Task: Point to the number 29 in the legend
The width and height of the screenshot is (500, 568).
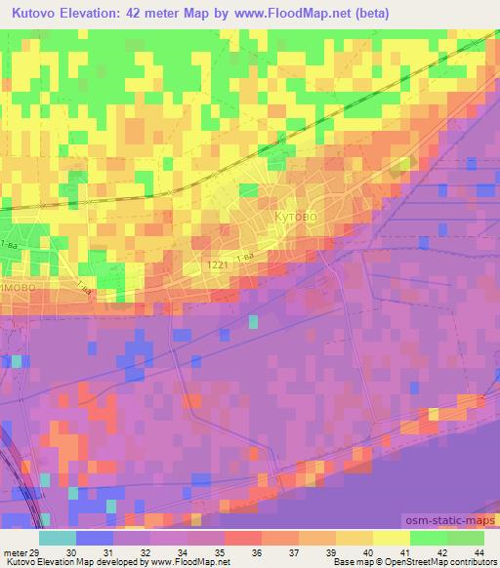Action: coord(35,552)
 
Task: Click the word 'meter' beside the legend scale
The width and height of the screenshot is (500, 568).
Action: coord(15,552)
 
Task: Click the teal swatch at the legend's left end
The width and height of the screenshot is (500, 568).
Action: coord(57,538)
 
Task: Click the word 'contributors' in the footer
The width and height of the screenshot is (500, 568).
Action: coord(475,563)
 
